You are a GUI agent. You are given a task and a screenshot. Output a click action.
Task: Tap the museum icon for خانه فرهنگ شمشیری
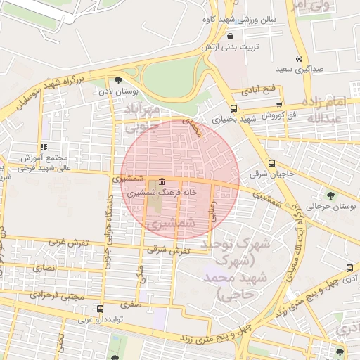162,182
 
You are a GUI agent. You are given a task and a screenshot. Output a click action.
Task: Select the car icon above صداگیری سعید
300,58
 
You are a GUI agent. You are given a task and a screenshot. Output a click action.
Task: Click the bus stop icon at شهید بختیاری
233,108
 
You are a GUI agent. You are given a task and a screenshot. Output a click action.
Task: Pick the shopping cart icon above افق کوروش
279,104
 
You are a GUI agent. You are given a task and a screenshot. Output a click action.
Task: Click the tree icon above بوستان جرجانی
330,195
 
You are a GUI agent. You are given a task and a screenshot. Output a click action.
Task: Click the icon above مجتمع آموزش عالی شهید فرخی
44,147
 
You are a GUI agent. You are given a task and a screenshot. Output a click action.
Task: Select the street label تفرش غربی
67,242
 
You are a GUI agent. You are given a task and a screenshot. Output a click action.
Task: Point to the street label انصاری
44,268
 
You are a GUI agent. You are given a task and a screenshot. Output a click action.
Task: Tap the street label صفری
130,305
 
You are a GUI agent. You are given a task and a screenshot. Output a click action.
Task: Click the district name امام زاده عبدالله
340,109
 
